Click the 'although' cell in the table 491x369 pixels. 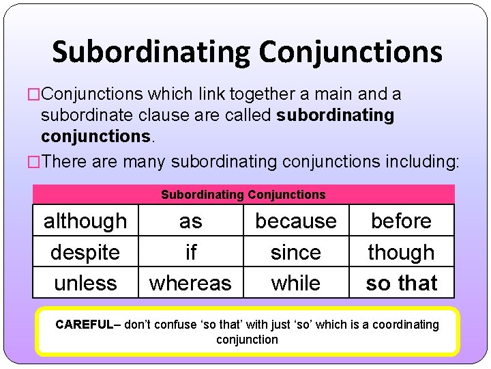coord(85,221)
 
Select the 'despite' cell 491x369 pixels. coord(85,252)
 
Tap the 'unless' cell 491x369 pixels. coord(85,283)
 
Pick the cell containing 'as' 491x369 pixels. coord(191,221)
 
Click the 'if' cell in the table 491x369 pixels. coord(191,252)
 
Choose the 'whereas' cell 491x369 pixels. coord(191,283)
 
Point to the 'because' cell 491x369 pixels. coord(296,221)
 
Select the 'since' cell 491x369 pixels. coord(296,252)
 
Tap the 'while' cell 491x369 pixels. coord(296,283)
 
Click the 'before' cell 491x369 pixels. coord(401,221)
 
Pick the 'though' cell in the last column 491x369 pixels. coord(401,252)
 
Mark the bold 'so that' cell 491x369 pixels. coord(401,283)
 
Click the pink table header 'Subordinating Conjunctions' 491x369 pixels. coord(243,195)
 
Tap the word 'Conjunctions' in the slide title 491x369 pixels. coord(351,52)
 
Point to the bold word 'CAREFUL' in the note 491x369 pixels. coord(82,325)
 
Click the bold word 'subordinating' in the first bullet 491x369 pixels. coord(336,115)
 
